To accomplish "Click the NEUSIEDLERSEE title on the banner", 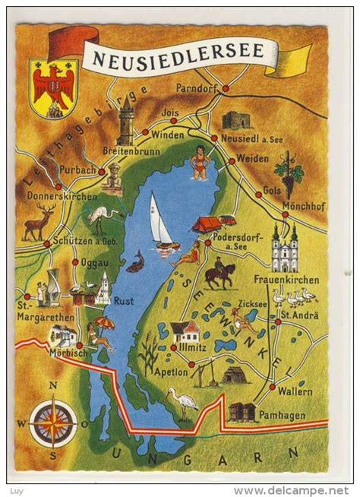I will click(179, 52).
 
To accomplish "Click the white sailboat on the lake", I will click(161, 222).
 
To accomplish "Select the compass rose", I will click(52, 422).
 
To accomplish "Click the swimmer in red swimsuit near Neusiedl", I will click(200, 162).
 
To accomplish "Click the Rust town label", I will click(124, 300).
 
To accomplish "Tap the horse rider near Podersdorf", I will click(219, 273).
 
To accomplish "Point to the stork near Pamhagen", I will click(182, 402).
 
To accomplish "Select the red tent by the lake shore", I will click(207, 223).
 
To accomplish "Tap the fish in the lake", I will click(136, 262).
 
